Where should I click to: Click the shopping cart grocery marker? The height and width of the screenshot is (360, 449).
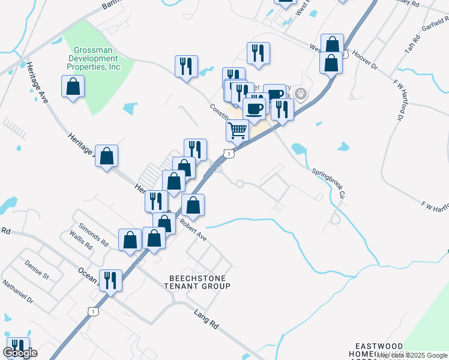click(238, 130)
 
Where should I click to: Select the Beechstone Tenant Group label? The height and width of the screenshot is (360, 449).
click(199, 282)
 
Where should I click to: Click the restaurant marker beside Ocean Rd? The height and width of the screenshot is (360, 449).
click(110, 280)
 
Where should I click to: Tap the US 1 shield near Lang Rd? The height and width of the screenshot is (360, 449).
click(92, 311)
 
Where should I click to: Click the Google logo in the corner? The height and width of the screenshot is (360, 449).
click(20, 353)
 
